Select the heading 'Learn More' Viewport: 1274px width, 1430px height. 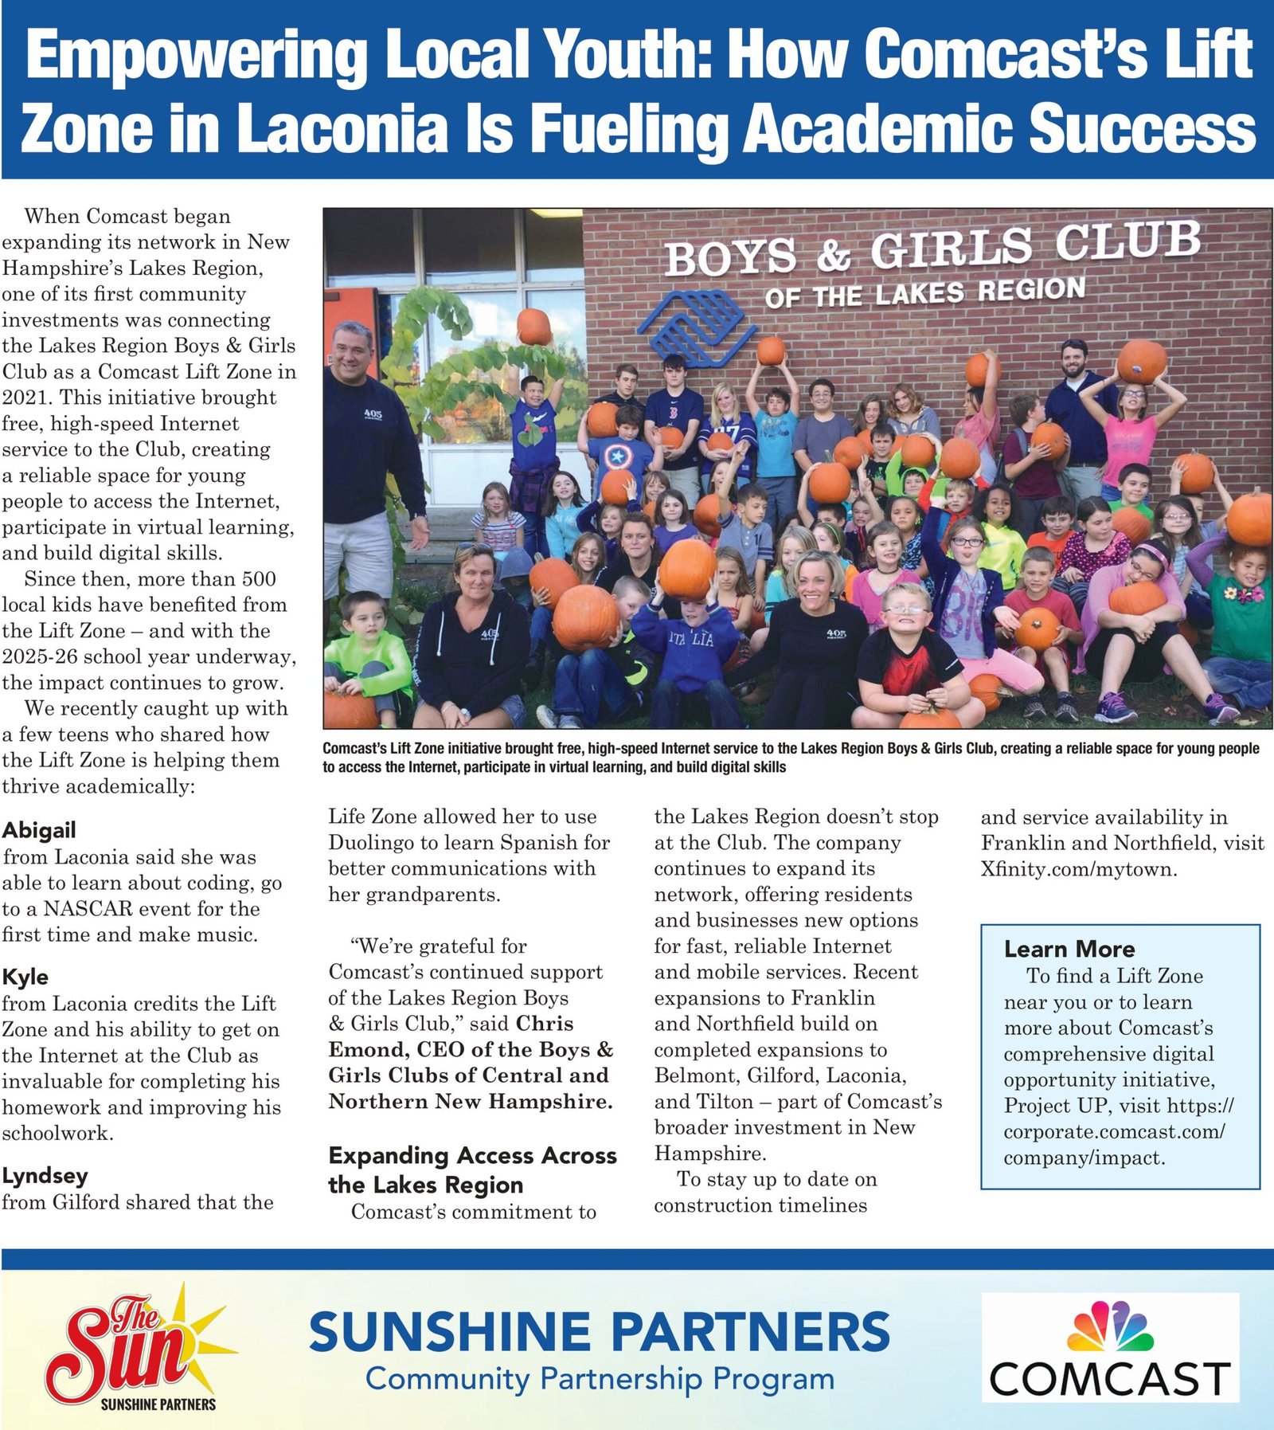(x=1069, y=949)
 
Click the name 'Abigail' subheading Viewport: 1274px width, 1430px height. (x=39, y=830)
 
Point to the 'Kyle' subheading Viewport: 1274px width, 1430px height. (x=25, y=977)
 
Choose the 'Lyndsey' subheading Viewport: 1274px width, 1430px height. (x=45, y=1176)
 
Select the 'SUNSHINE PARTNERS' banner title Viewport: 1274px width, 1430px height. (x=599, y=1331)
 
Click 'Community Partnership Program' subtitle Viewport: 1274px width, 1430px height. (x=600, y=1379)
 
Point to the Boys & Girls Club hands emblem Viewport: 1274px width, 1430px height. (x=693, y=326)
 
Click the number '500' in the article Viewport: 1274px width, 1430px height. (x=259, y=579)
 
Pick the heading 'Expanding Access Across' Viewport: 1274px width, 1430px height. (x=472, y=1155)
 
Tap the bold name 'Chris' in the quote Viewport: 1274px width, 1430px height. (x=545, y=1024)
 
